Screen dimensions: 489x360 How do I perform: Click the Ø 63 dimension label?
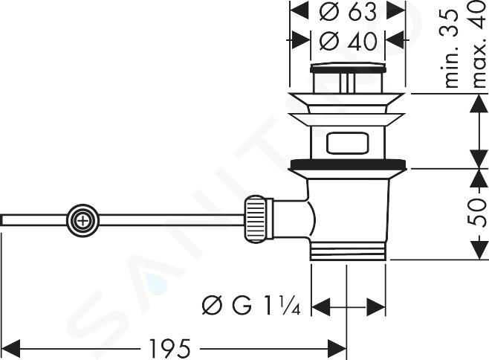(x=347, y=12)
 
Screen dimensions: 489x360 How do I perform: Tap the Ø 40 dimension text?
(x=348, y=41)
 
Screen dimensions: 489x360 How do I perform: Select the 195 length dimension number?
(x=170, y=348)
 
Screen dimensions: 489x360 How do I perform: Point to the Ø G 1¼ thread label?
(x=251, y=305)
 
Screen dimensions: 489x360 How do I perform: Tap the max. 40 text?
(x=479, y=44)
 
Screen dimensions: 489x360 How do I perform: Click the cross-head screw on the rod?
(x=82, y=221)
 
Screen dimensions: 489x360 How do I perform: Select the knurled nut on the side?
(x=255, y=219)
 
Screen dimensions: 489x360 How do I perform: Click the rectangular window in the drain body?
(x=347, y=143)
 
